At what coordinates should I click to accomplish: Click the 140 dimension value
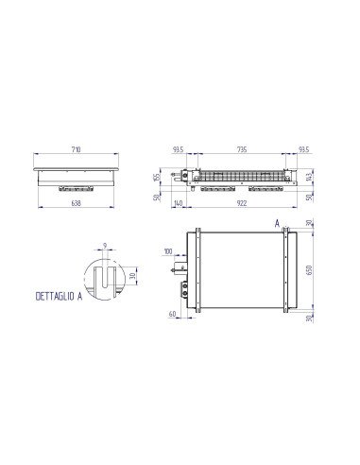click(x=179, y=202)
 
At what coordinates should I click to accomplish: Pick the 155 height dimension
click(x=158, y=176)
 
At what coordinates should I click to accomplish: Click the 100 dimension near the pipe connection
click(x=168, y=252)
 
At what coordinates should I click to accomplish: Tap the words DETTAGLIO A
click(x=59, y=296)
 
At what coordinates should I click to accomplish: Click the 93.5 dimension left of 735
click(x=179, y=149)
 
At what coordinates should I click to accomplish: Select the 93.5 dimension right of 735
click(x=302, y=149)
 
